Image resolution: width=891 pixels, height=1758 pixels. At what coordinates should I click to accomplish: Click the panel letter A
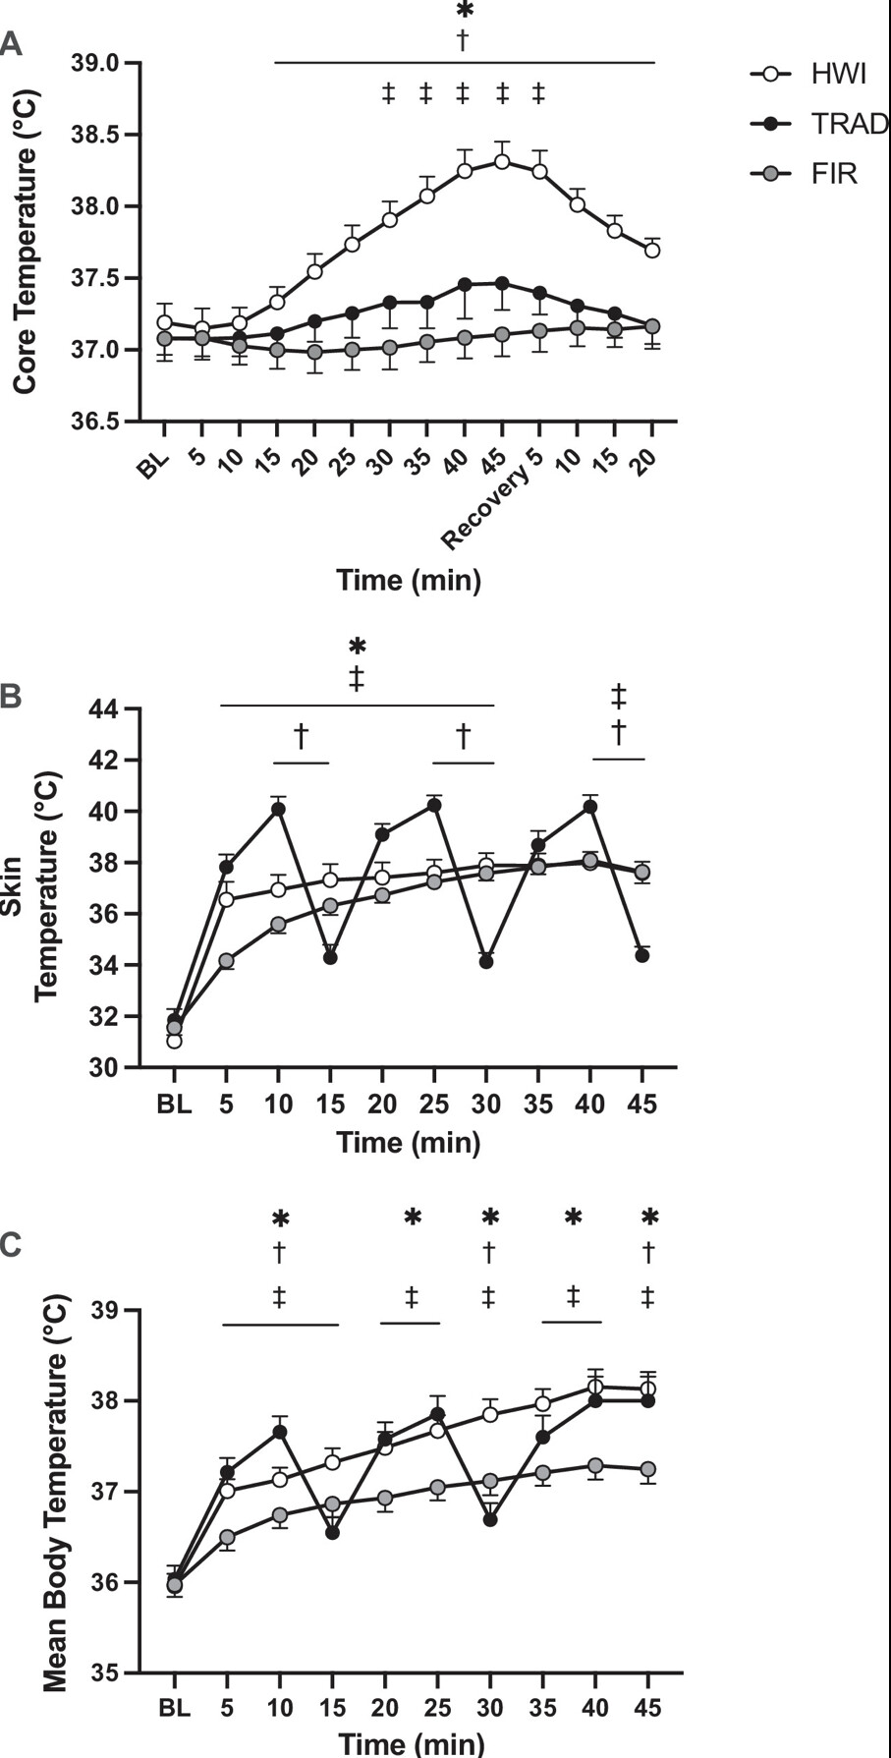pyautogui.click(x=11, y=43)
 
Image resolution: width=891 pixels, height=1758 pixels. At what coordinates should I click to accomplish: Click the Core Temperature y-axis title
pyautogui.click(x=26, y=242)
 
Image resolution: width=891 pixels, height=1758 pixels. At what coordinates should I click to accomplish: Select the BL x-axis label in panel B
pyautogui.click(x=174, y=1104)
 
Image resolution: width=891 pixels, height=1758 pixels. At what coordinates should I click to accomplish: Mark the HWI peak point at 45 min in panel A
pyautogui.click(x=502, y=161)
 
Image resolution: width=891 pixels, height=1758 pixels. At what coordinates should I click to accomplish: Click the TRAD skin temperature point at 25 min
pyautogui.click(x=433, y=805)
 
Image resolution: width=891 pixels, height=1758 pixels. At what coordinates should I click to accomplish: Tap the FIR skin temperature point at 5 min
pyautogui.click(x=227, y=961)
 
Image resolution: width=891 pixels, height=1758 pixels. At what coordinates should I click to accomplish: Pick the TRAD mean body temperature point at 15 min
pyautogui.click(x=332, y=1532)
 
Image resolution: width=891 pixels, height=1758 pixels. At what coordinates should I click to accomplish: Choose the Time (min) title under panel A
pyautogui.click(x=409, y=580)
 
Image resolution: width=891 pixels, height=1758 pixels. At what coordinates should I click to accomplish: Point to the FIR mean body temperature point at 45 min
pyautogui.click(x=647, y=1469)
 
